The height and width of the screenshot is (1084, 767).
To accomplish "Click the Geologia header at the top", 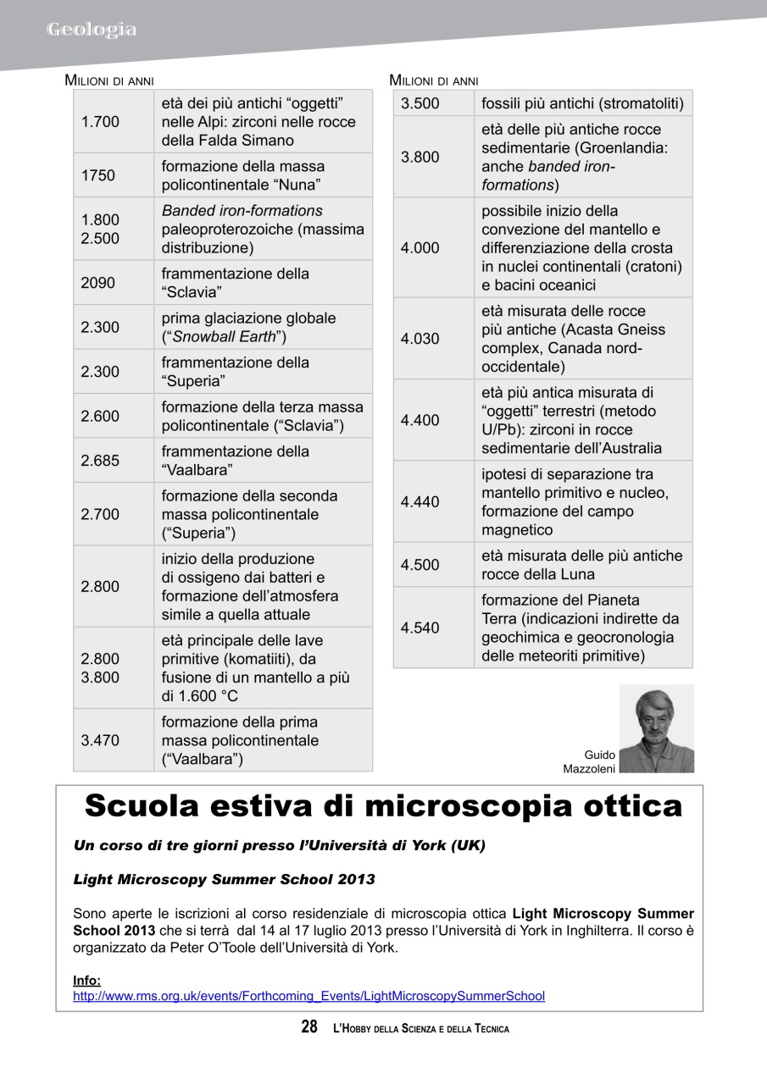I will coord(92,30).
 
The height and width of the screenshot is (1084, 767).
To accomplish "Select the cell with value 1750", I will coord(97,175).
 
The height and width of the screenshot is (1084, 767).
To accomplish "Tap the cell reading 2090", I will coord(97,283).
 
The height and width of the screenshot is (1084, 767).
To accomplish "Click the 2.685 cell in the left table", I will coord(100,461).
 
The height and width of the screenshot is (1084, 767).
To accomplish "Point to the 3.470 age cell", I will coord(100,740).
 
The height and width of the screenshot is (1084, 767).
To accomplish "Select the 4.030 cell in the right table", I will coord(420,339).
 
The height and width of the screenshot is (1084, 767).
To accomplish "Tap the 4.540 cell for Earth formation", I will coord(420,628).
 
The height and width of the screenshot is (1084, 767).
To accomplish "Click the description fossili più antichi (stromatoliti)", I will coord(582,104).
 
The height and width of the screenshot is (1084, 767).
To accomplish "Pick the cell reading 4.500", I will coord(420,565).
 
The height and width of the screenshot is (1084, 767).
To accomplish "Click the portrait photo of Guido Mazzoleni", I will coord(656,729).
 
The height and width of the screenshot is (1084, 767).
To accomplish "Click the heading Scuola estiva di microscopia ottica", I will coord(383,806).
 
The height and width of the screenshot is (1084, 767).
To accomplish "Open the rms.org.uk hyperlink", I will coord(308,997).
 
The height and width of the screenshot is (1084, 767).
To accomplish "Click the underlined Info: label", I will coord(86,981).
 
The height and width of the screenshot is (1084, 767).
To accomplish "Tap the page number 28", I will coord(309,1027).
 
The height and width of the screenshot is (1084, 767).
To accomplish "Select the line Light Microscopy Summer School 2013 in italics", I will coord(224,879).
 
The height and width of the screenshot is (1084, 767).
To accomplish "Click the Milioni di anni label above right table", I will coord(433,81).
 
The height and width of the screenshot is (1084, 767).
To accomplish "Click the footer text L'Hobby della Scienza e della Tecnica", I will coord(421,1029).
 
